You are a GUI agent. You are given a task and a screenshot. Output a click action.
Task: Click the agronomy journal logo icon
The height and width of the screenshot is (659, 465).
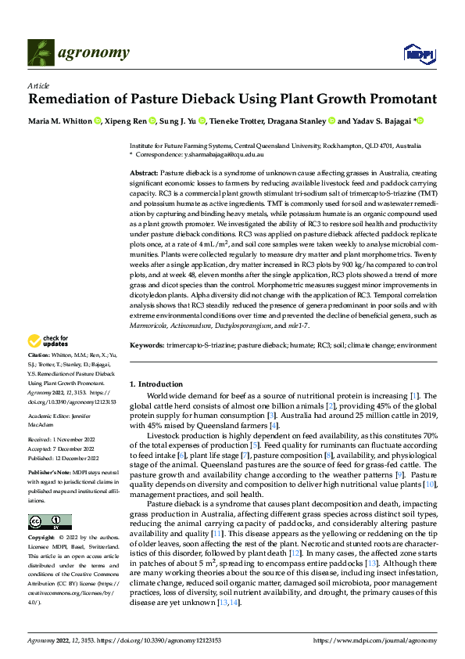click(x=41, y=52)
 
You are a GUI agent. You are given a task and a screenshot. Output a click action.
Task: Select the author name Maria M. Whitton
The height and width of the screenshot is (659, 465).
click(x=59, y=121)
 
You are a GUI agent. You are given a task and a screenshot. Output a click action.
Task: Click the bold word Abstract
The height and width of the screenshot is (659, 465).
click(x=144, y=172)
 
